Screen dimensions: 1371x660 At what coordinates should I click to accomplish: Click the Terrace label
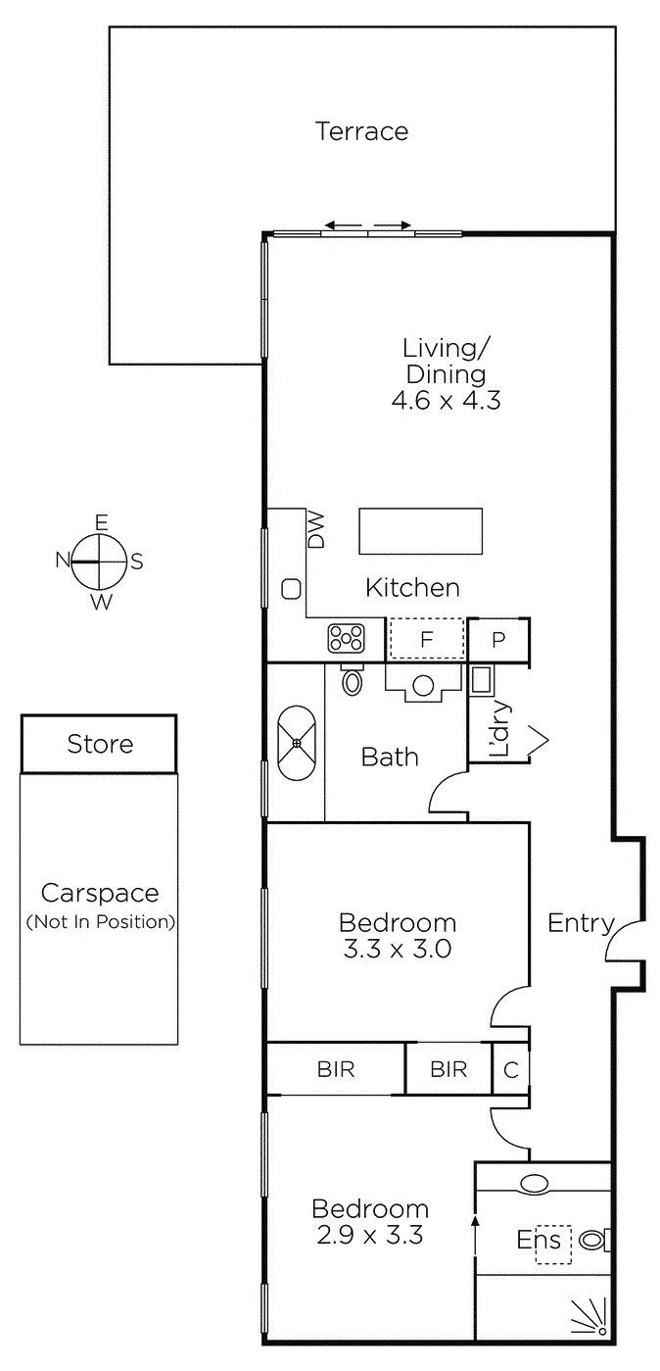point(361,131)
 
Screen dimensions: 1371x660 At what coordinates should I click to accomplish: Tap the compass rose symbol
point(100,562)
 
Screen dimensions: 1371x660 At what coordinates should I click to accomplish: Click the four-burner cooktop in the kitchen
point(346,639)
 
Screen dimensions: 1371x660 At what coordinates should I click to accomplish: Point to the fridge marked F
point(426,639)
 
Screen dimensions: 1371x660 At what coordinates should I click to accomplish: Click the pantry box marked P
point(498,640)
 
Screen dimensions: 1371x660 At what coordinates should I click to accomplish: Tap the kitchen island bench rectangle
point(421,531)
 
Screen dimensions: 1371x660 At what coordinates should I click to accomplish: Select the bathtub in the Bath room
point(298,743)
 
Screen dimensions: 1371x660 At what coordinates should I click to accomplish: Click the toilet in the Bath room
point(353,677)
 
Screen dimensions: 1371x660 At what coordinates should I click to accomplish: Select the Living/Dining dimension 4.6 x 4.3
point(445,400)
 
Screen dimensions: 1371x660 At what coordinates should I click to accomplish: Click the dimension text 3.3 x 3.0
point(397,949)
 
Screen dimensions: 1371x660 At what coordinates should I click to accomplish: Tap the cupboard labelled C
point(510,1069)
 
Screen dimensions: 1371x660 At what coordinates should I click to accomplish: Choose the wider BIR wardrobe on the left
point(336,1069)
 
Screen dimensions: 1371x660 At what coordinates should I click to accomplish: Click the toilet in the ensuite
point(593,1240)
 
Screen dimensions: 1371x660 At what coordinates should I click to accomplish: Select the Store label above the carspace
point(100,744)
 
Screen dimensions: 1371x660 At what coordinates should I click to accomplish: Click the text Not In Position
point(100,921)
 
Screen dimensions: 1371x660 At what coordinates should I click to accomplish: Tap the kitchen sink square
point(291,589)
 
